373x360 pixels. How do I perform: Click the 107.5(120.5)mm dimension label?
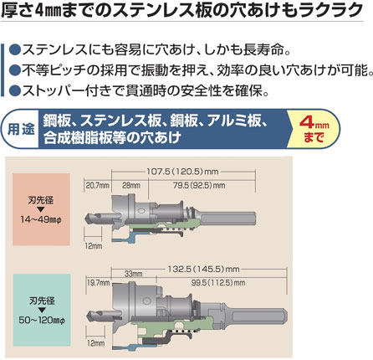pyautogui.click(x=182, y=172)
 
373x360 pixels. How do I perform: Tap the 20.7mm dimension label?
pyautogui.click(x=97, y=185)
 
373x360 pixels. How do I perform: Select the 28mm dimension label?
pyautogui.click(x=131, y=185)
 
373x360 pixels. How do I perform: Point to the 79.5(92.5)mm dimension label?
pyautogui.click(x=199, y=185)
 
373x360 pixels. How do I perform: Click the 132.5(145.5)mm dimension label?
pyautogui.click(x=203, y=270)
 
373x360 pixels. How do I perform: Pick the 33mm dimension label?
pyautogui.click(x=133, y=274)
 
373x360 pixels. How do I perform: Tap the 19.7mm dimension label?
pyautogui.click(x=99, y=283)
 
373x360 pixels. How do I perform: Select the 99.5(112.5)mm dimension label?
pyautogui.click(x=218, y=283)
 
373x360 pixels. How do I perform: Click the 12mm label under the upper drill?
pyautogui.click(x=94, y=246)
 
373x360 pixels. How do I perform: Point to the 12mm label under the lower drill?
pyautogui.click(x=95, y=343)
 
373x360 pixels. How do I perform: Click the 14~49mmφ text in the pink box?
pyautogui.click(x=41, y=219)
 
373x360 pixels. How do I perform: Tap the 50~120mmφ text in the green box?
pyautogui.click(x=42, y=320)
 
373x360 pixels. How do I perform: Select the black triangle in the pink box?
pyautogui.click(x=41, y=209)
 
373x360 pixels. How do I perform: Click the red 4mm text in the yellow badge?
pyautogui.click(x=314, y=122)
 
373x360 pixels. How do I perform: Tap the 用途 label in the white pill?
pyautogui.click(x=21, y=129)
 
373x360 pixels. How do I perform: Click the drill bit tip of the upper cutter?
pyautogui.click(x=84, y=217)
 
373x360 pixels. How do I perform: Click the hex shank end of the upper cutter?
pyautogui.click(x=254, y=219)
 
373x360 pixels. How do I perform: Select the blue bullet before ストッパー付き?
pyautogui.click(x=15, y=90)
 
